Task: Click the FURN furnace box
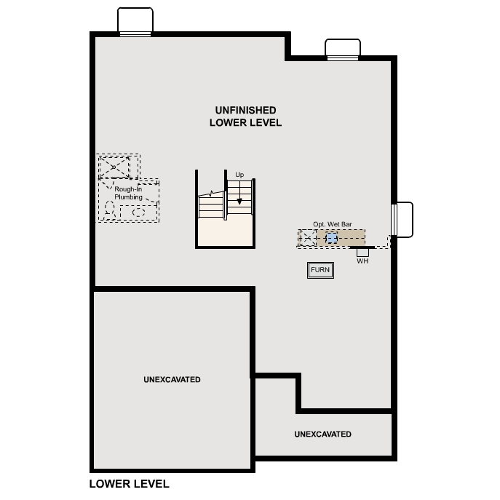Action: pyautogui.click(x=320, y=270)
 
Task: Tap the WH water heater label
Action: pyautogui.click(x=362, y=261)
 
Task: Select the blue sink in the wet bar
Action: pyautogui.click(x=332, y=238)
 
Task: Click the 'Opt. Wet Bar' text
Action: pyautogui.click(x=333, y=224)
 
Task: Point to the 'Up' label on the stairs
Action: pyautogui.click(x=239, y=175)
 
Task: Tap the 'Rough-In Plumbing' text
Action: pyautogui.click(x=128, y=193)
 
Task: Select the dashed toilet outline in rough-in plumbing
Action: pyautogui.click(x=110, y=211)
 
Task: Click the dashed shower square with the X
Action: pyautogui.click(x=114, y=167)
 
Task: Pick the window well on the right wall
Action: pyautogui.click(x=403, y=219)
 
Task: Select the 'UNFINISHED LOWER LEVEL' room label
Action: pyautogui.click(x=245, y=116)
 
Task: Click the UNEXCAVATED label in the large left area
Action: pyautogui.click(x=172, y=380)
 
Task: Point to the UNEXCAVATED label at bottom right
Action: pyautogui.click(x=322, y=434)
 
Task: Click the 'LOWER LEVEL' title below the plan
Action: pyautogui.click(x=129, y=483)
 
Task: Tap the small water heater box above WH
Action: pyautogui.click(x=362, y=252)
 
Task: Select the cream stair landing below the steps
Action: pyautogui.click(x=226, y=232)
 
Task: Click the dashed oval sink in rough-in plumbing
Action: pyautogui.click(x=138, y=213)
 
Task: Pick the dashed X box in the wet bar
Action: pyautogui.click(x=307, y=237)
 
